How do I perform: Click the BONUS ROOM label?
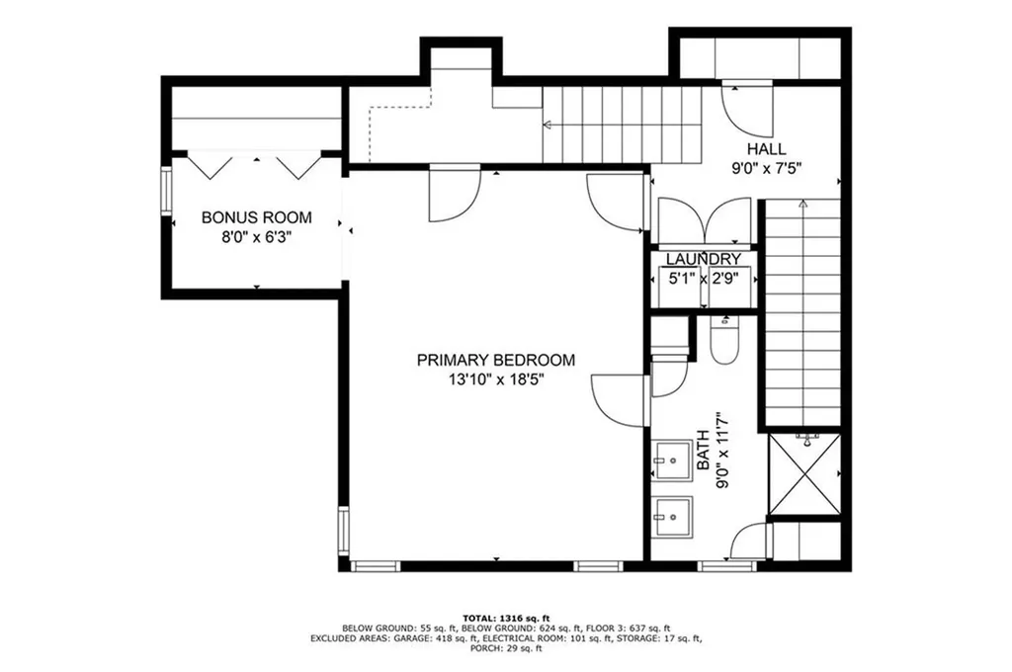[257, 217]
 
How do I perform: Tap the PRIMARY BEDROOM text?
[495, 361]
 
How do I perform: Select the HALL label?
[767, 149]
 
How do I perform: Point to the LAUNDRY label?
[703, 259]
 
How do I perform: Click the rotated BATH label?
[703, 454]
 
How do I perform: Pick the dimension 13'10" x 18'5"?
[495, 379]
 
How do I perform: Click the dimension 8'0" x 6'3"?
[257, 237]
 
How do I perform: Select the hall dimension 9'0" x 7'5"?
[767, 168]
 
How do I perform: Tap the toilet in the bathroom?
[724, 339]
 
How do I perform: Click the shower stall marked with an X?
[803, 474]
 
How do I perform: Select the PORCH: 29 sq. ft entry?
[505, 649]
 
